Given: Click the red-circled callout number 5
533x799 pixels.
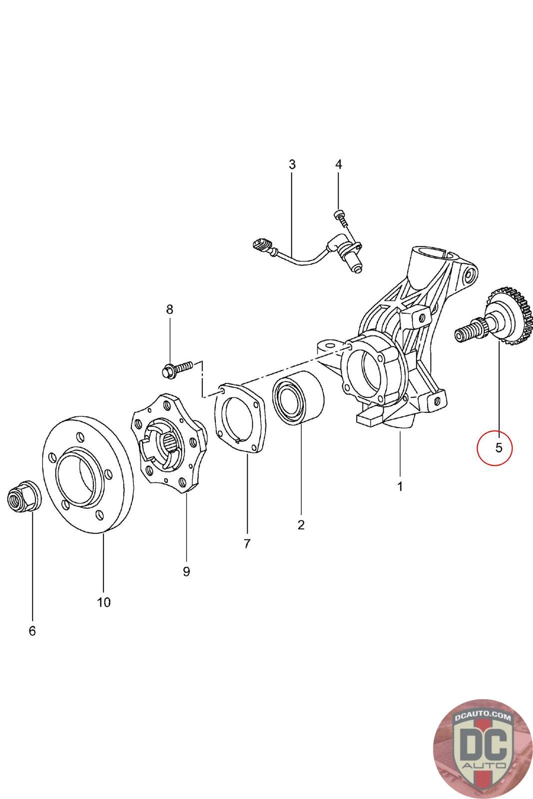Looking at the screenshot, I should tap(499, 447).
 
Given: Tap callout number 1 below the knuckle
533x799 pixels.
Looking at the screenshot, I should tap(400, 486).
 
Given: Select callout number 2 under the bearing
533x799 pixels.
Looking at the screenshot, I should tap(301, 525).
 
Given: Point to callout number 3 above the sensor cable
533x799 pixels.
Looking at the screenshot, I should tap(292, 164).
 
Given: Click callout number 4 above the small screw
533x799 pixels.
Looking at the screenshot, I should tap(339, 164).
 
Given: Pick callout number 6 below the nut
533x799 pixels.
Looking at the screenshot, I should tap(32, 631).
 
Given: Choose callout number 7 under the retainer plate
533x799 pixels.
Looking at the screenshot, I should tap(247, 544).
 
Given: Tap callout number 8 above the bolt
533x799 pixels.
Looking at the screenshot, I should tap(170, 310).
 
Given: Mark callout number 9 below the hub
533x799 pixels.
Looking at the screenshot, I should tap(186, 571).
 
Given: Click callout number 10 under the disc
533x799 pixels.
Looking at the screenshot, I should tap(103, 602).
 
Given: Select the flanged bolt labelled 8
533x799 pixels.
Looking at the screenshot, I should tap(177, 369).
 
